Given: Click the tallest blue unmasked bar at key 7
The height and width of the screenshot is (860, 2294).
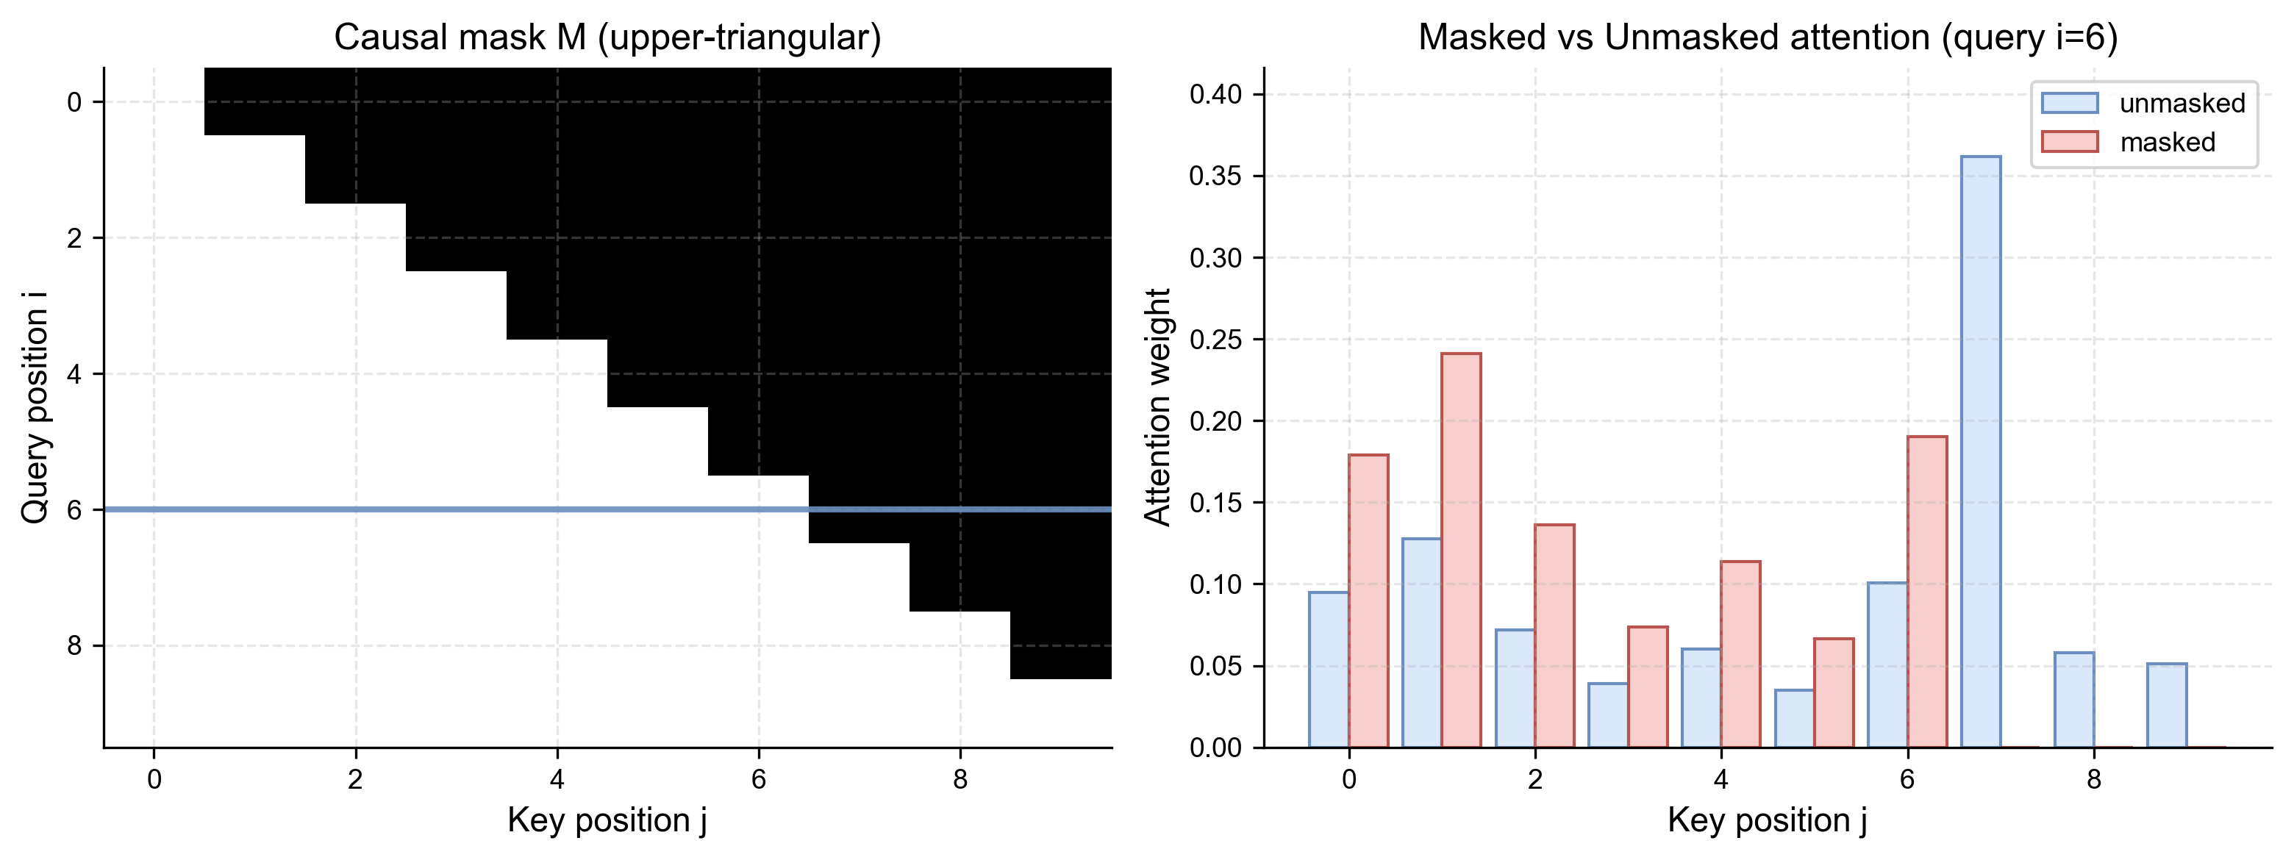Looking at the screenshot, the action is click(x=1981, y=452).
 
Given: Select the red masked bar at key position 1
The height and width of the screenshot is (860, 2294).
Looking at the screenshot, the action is click(x=1462, y=551).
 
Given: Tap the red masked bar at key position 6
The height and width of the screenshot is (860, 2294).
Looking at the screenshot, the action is click(x=1927, y=592).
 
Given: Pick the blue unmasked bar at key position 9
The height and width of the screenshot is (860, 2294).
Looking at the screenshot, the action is click(x=2167, y=705).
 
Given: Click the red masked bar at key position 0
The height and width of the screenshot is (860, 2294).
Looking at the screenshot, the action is click(x=1368, y=601).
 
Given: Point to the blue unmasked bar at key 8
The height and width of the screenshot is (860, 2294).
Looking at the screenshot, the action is click(x=2074, y=700).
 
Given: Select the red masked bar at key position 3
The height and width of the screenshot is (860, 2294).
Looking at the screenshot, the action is click(x=1648, y=687).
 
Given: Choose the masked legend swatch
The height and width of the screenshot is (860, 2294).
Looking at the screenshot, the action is click(x=2070, y=142).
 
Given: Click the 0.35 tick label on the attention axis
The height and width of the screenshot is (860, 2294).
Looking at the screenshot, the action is click(x=1215, y=176).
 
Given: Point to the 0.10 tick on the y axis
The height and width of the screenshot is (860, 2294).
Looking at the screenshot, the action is click(x=1215, y=584).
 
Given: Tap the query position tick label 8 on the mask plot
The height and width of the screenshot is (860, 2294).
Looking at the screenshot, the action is click(x=74, y=645).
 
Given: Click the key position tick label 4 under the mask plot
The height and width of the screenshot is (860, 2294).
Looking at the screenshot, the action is click(x=557, y=780).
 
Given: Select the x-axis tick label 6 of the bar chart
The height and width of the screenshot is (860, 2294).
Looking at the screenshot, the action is click(x=1907, y=780).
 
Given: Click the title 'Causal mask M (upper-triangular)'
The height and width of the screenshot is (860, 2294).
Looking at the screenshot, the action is click(x=607, y=37).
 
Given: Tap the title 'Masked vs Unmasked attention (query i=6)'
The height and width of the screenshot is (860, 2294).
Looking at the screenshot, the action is click(x=1768, y=37).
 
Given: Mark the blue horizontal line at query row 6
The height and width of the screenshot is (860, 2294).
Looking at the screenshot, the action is click(x=607, y=509).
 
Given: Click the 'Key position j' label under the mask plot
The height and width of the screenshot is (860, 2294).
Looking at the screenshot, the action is click(x=607, y=820).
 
